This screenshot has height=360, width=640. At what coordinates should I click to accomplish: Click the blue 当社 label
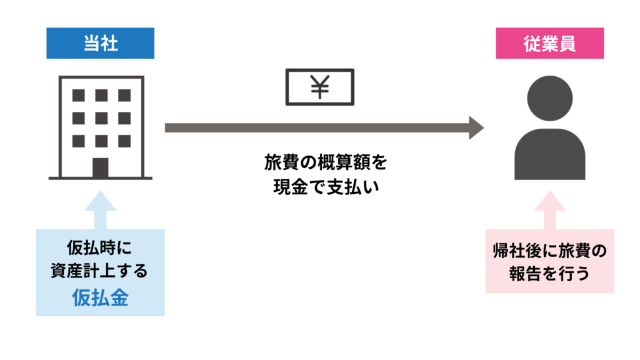pyautogui.click(x=100, y=43)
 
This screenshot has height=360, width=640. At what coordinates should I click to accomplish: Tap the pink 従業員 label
pyautogui.click(x=549, y=43)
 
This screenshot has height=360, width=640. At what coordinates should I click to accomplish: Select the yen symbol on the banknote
pyautogui.click(x=319, y=87)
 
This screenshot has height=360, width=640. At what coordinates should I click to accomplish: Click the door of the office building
pyautogui.click(x=100, y=167)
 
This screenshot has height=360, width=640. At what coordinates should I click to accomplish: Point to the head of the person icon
pyautogui.click(x=549, y=100)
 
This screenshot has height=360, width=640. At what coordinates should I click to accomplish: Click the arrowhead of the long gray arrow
pyautogui.click(x=476, y=127)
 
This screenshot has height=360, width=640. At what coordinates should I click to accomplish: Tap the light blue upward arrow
pyautogui.click(x=100, y=211)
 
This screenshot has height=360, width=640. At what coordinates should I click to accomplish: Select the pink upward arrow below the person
pyautogui.click(x=549, y=211)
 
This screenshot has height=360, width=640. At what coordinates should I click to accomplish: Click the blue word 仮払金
pyautogui.click(x=100, y=297)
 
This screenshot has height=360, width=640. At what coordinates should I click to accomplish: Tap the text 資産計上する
pyautogui.click(x=100, y=272)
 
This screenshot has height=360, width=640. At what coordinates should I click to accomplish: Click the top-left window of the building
pyautogui.click(x=79, y=96)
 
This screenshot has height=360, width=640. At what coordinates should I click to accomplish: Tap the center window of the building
pyautogui.click(x=101, y=118)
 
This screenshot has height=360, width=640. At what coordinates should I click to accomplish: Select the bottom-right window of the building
pyautogui.click(x=123, y=141)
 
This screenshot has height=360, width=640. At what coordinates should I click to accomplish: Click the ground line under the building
pyautogui.click(x=100, y=179)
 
